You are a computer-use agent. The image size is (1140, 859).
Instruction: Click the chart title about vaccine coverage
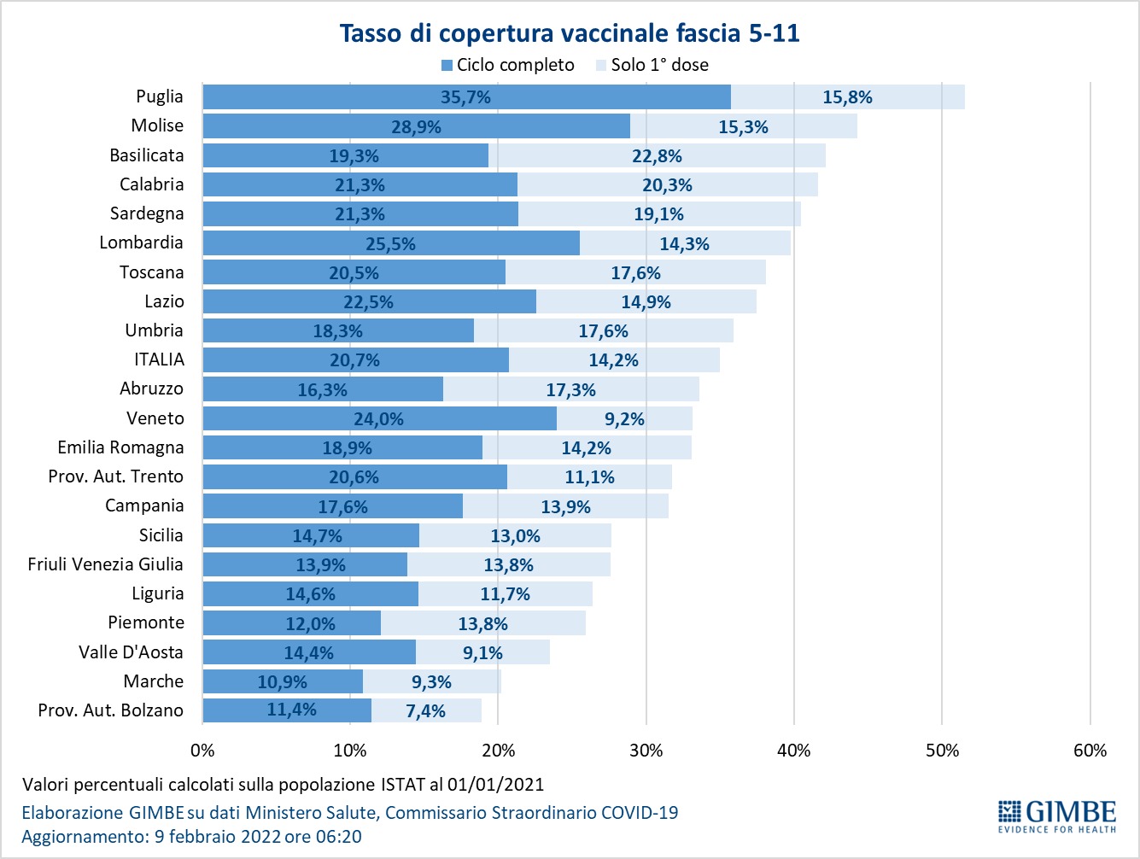click(570, 33)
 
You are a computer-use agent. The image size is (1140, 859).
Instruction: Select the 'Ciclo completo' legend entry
click(507, 65)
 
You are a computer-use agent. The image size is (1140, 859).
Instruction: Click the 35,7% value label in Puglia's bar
click(465, 97)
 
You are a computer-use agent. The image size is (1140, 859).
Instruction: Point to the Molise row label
click(157, 126)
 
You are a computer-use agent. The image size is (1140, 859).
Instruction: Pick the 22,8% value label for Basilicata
click(657, 155)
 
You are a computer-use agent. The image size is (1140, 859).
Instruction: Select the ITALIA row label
click(159, 359)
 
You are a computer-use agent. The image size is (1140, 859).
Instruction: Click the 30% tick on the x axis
click(646, 751)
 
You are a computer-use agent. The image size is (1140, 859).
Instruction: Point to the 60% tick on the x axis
click(1090, 751)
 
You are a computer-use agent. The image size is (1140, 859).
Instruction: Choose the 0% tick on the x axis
click(202, 751)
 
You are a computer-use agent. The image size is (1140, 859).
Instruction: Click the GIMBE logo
click(1056, 816)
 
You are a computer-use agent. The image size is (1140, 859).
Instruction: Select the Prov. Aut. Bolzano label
click(111, 710)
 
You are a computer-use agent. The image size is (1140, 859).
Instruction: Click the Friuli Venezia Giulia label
click(105, 564)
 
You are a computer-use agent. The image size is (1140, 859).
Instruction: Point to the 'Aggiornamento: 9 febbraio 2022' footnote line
click(191, 837)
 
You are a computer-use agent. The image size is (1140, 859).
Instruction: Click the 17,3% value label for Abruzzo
click(570, 389)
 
